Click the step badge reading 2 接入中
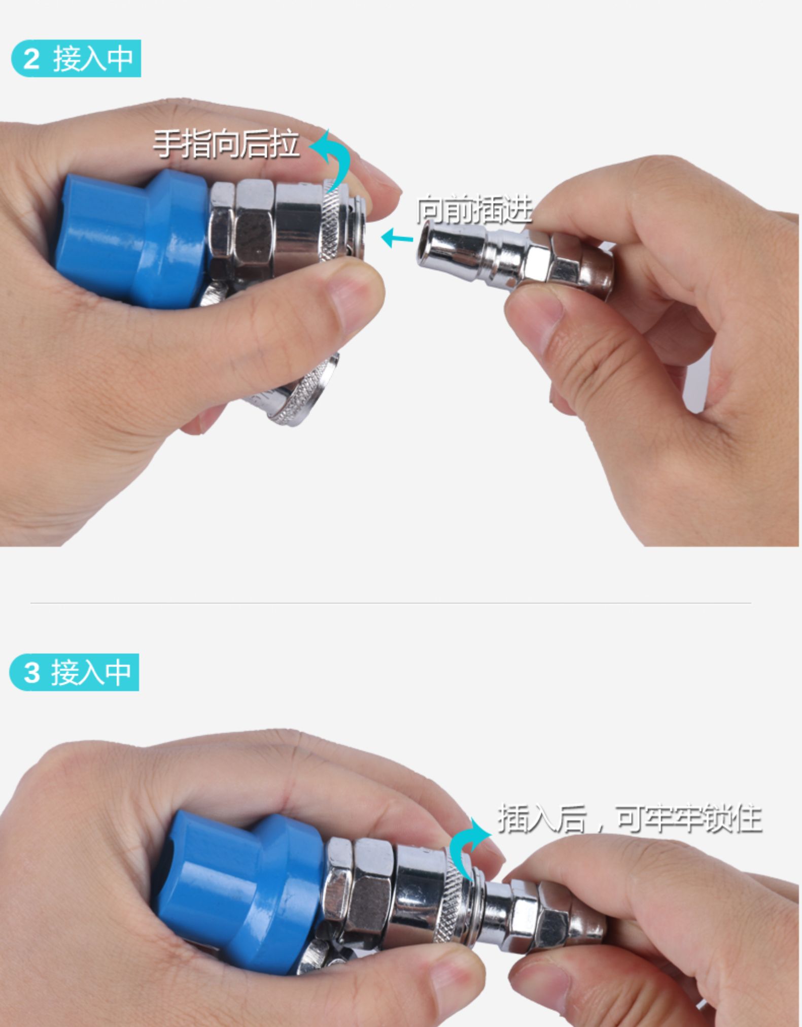click(76, 58)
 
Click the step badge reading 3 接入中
click(74, 672)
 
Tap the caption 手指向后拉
click(226, 144)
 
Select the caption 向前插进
click(474, 209)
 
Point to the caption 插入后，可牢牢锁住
click(630, 818)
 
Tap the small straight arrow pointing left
click(397, 238)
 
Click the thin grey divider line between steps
click(391, 603)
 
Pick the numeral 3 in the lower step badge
click(31, 673)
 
